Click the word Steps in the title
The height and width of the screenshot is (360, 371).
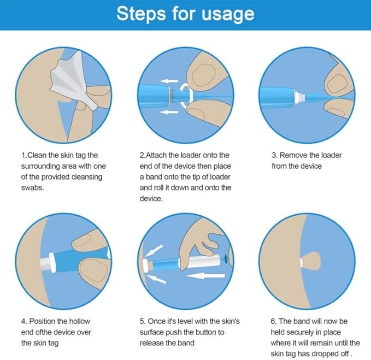pyautogui.click(x=141, y=14)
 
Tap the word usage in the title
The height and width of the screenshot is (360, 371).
pyautogui.click(x=228, y=15)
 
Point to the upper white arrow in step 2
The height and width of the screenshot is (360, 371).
pyautogui.click(x=169, y=81)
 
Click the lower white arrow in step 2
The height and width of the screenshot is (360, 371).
pyautogui.click(x=169, y=112)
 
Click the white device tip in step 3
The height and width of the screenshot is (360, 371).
pyautogui.click(x=300, y=96)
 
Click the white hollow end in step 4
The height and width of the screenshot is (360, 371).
pyautogui.click(x=48, y=262)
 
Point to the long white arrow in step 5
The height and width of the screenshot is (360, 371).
pyautogui.click(x=205, y=275)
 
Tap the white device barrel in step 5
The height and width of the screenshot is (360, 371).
pyautogui.click(x=200, y=261)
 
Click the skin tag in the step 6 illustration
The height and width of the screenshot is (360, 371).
pyautogui.click(x=311, y=262)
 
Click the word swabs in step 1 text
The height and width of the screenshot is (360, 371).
pyautogui.click(x=32, y=187)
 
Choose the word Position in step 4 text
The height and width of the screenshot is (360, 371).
pyautogui.click(x=43, y=321)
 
